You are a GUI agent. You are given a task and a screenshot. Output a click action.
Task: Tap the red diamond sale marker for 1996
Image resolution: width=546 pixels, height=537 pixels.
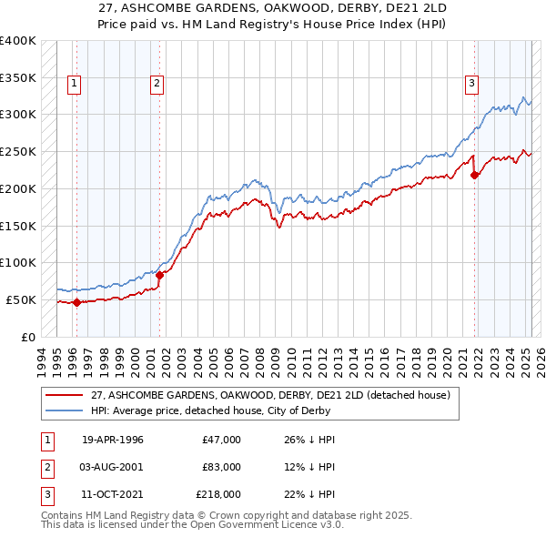(76, 303)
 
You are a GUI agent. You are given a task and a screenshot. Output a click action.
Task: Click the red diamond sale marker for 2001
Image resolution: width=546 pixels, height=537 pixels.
(159, 274)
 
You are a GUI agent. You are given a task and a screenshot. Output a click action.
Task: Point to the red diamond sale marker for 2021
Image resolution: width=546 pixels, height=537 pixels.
(474, 176)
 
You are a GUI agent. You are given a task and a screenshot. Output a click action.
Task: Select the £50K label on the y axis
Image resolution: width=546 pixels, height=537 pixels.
(22, 299)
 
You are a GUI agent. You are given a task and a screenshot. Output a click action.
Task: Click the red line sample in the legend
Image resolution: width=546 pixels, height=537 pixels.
(64, 396)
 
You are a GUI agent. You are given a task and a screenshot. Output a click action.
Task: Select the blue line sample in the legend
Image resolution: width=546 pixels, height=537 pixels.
(64, 410)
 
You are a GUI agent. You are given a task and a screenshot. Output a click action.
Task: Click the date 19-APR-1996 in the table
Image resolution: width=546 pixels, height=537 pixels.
(113, 440)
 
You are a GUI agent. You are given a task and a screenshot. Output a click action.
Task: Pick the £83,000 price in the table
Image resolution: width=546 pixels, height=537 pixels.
(221, 467)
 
